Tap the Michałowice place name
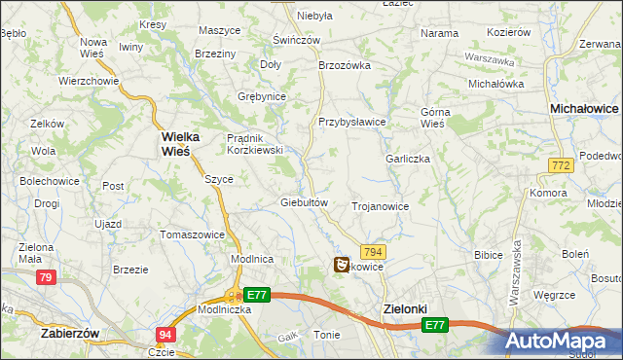click(585, 110)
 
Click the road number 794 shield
click(374, 251)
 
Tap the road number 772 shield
click(559, 167)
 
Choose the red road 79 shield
click(45, 278)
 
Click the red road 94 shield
click(165, 334)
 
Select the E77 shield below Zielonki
click(435, 326)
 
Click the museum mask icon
click(342, 264)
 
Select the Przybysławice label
click(352, 122)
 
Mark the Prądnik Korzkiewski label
click(254, 144)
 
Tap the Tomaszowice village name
click(192, 234)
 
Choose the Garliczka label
click(407, 159)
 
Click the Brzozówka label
click(346, 65)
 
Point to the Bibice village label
click(487, 254)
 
